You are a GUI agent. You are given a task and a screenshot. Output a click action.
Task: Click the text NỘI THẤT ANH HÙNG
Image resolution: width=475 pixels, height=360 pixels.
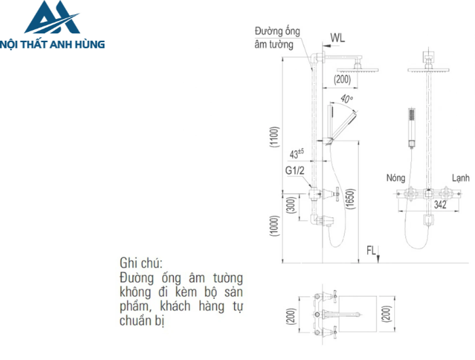pos(54,44)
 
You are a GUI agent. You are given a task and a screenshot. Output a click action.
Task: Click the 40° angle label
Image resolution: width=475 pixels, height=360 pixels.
pos(347,100)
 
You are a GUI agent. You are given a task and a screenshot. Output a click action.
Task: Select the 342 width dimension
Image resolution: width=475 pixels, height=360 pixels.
pos(440,203)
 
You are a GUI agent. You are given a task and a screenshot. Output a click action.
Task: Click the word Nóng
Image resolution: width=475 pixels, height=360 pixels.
pos(396,178)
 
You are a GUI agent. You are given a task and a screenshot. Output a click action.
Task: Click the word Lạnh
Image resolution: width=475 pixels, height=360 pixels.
pos(461,178)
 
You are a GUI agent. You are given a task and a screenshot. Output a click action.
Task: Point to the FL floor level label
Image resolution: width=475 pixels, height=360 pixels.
pos(371,251)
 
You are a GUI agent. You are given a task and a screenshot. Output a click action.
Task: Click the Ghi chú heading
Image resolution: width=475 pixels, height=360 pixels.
pos(141,263)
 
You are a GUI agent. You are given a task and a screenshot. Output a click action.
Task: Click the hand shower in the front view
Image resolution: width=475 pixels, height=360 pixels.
pos(411,126)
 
